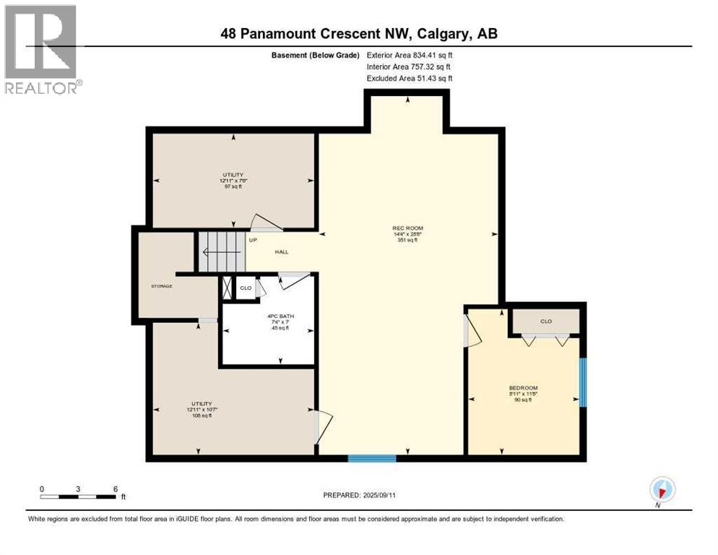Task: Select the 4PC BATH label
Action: [269, 315]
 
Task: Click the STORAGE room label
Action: [161, 286]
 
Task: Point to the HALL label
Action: [281, 252]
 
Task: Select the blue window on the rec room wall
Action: [372, 457]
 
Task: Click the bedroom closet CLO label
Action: [545, 321]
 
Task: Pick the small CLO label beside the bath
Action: [246, 287]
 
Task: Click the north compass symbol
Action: [661, 489]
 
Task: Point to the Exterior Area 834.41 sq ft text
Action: [410, 54]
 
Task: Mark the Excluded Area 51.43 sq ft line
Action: [410, 78]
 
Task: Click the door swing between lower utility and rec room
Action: [322, 426]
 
